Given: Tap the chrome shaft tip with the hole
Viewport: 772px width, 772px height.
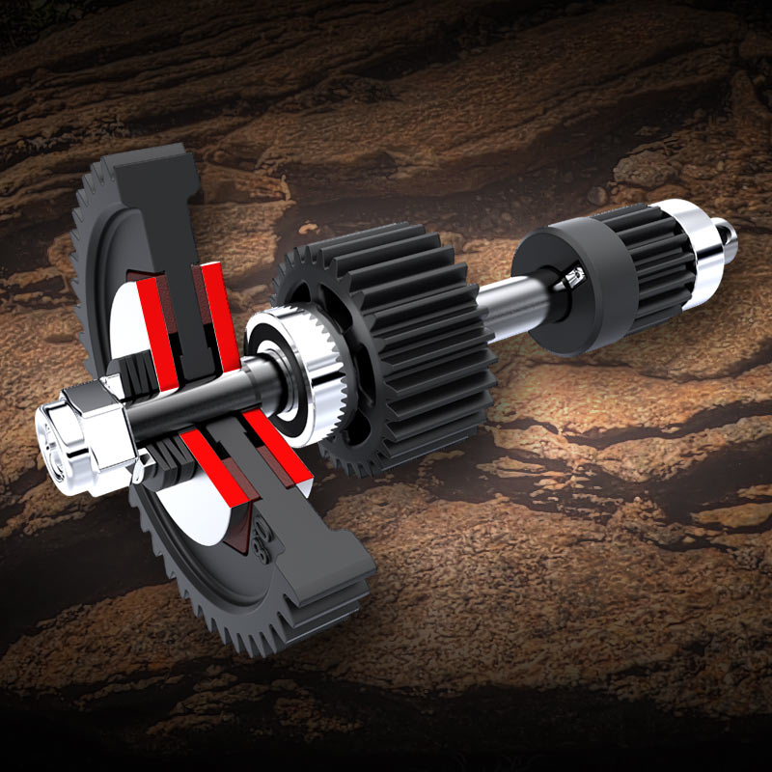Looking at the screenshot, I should [730, 232].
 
